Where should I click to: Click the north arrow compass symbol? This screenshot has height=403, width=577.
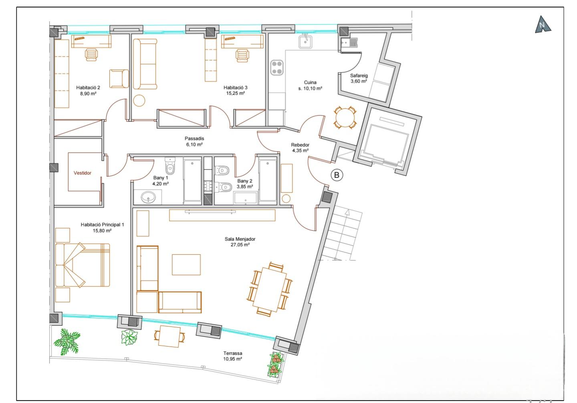click(x=543, y=25)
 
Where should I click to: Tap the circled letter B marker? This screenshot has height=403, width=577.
click(x=337, y=175)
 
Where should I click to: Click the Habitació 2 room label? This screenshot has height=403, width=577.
click(x=88, y=88)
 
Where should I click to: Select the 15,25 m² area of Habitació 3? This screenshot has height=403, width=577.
click(x=236, y=93)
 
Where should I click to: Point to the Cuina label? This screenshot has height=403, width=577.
click(x=310, y=83)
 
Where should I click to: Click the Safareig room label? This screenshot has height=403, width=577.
click(x=359, y=76)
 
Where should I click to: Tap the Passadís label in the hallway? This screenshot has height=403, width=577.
click(x=194, y=139)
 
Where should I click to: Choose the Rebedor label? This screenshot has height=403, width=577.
click(x=300, y=145)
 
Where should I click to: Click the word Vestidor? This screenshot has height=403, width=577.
click(x=83, y=173)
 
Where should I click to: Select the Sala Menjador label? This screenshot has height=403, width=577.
click(x=240, y=239)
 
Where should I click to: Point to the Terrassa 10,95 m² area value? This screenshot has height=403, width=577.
click(x=232, y=359)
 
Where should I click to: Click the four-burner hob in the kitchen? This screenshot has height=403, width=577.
click(x=277, y=68)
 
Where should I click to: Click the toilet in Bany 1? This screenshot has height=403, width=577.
click(x=170, y=166)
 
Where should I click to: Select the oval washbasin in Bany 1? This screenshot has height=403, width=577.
click(x=148, y=197)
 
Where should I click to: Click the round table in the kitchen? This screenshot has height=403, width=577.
click(x=345, y=117)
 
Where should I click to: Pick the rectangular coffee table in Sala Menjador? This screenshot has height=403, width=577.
click(x=186, y=264)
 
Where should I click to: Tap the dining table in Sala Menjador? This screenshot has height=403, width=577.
click(x=269, y=290)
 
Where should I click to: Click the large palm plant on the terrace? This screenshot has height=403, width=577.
click(x=67, y=342)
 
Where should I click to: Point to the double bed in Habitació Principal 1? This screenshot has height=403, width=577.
click(x=83, y=265)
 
